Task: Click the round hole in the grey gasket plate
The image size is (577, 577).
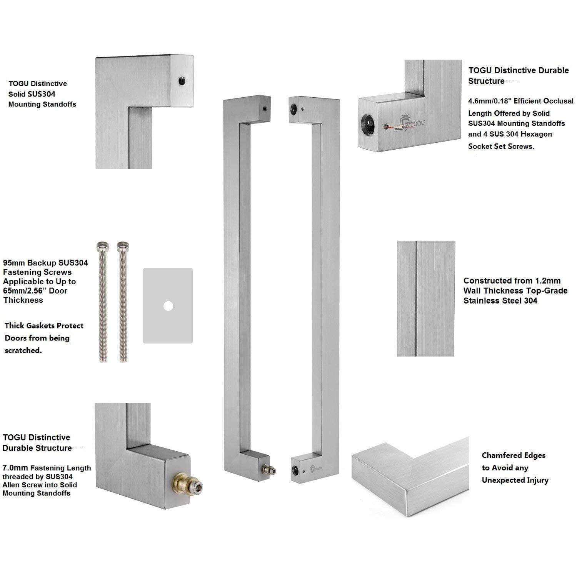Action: [x=168, y=306]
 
